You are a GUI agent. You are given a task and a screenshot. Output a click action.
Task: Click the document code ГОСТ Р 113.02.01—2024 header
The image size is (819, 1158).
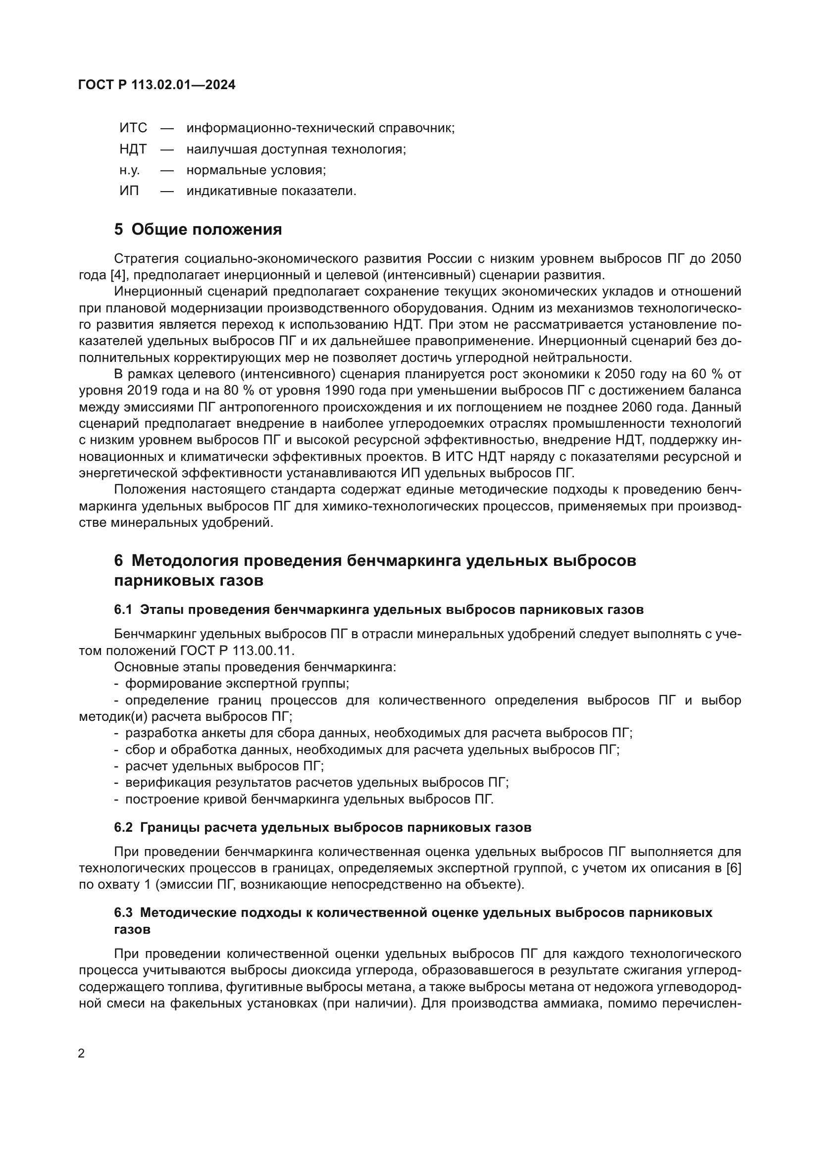[157, 85]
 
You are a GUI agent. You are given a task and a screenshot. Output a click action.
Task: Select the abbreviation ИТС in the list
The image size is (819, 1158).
[133, 128]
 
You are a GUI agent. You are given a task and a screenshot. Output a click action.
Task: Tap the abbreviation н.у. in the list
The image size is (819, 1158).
[130, 170]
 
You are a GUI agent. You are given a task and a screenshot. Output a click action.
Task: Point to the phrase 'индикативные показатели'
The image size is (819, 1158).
[271, 192]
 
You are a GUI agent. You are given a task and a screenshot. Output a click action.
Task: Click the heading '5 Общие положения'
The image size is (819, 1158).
[198, 230]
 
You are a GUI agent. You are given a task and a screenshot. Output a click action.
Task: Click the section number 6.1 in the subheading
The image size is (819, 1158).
[123, 610]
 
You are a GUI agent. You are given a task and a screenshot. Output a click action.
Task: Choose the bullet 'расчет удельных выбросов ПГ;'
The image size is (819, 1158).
[224, 766]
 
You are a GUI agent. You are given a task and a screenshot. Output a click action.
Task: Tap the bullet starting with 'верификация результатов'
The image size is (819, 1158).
[317, 783]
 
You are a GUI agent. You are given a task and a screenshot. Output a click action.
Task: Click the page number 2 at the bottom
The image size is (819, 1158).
[81, 1054]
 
